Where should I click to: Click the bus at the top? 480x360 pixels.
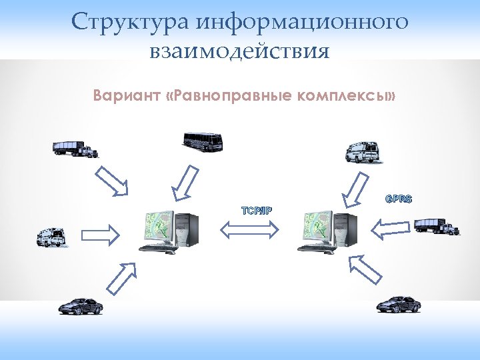[203, 141]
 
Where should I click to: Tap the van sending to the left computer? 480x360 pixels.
[51, 237]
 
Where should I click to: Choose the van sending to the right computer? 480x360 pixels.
[361, 152]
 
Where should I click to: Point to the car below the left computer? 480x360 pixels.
[80, 305]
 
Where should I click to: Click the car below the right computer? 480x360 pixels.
[398, 305]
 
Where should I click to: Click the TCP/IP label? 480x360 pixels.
[256, 211]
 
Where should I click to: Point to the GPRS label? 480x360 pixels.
[398, 199]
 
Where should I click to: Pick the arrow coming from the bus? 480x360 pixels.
[183, 182]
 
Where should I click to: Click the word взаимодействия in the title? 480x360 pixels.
[240, 51]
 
